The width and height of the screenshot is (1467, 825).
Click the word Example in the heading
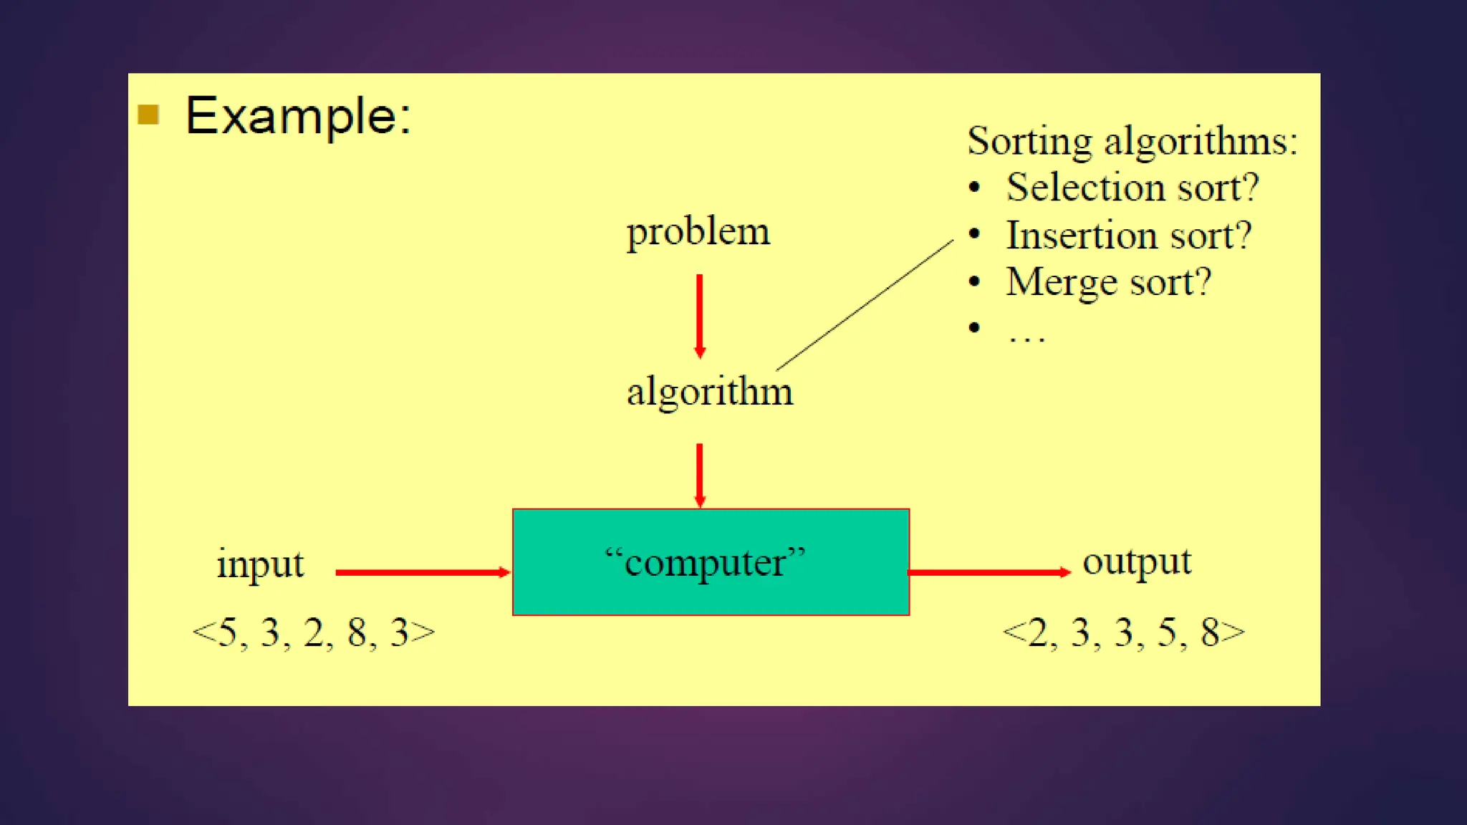tap(297, 116)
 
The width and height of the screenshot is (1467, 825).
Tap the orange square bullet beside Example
tap(148, 115)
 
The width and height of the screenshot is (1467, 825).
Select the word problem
tap(698, 232)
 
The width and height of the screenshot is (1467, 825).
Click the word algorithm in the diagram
tap(709, 392)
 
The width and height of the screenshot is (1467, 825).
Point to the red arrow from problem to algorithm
tap(700, 315)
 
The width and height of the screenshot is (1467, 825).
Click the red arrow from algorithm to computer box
tap(700, 475)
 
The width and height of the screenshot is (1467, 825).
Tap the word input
tap(260, 564)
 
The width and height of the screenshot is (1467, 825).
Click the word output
tap(1137, 562)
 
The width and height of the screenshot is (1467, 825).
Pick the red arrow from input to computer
tap(422, 572)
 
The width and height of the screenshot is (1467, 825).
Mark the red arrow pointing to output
tap(989, 572)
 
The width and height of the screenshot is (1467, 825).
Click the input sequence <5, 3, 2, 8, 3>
tap(313, 633)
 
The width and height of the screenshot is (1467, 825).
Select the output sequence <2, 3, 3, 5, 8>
tap(1123, 633)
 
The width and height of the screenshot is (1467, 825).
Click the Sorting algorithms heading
tap(1132, 140)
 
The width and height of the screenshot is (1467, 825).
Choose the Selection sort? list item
tap(1132, 188)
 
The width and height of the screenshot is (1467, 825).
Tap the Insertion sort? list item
tap(1128, 235)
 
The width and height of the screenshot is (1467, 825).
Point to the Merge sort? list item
tap(1108, 281)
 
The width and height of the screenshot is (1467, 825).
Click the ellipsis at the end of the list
tap(1026, 337)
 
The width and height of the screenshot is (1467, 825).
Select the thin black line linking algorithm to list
tap(865, 305)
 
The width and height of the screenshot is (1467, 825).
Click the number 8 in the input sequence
tap(357, 633)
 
